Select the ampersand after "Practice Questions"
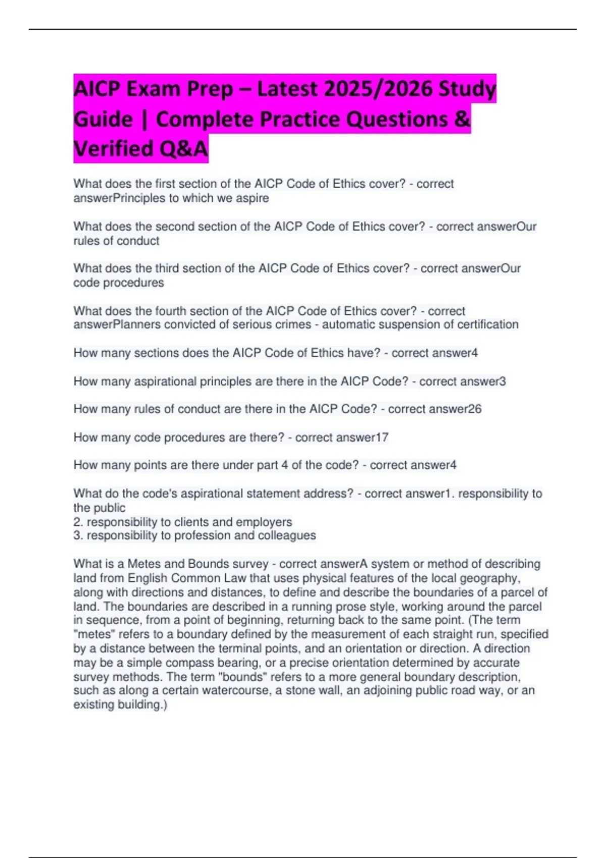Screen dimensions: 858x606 463,120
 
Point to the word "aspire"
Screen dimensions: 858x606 252,198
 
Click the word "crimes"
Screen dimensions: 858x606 293,325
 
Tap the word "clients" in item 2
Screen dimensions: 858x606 192,522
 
